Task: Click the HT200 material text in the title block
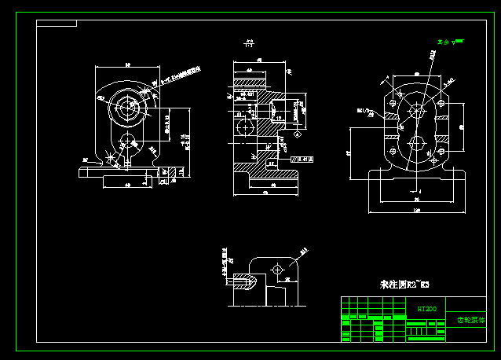coord(426,309)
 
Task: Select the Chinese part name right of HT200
coord(472,320)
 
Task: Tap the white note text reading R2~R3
coord(405,283)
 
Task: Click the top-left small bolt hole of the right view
coord(392,101)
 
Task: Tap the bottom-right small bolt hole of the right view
coord(440,152)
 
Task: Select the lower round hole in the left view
coord(126,142)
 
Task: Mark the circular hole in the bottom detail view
coord(276,270)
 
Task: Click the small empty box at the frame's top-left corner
coord(57,24)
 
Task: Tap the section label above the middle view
coord(249,43)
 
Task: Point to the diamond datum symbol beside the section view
coord(296,134)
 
